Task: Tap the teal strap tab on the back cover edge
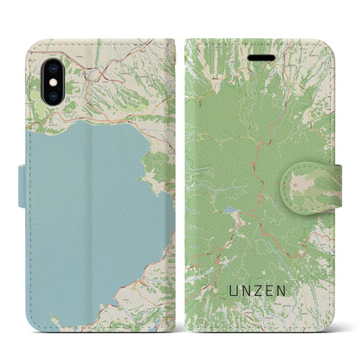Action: pyautogui.click(x=22, y=183)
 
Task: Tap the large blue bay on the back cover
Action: pyautogui.click(x=87, y=208)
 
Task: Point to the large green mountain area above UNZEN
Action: pyautogui.click(x=260, y=130)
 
